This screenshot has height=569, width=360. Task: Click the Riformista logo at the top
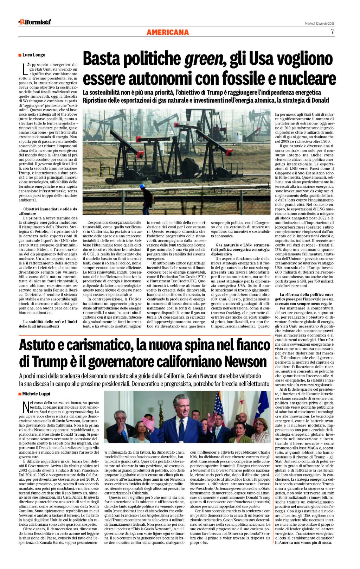[x=35, y=22]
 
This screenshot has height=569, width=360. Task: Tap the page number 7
[x=332, y=32]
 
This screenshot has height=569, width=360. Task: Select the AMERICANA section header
[x=168, y=32]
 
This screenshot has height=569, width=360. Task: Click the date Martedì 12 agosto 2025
[x=320, y=23]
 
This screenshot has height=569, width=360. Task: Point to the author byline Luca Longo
[x=34, y=55]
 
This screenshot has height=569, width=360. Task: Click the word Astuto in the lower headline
[x=38, y=345]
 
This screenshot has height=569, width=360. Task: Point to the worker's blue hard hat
[x=142, y=186]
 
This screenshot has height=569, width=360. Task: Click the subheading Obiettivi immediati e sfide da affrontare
[x=48, y=211]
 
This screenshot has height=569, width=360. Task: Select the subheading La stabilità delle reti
[x=48, y=324]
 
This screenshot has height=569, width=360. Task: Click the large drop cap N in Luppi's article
[x=25, y=407]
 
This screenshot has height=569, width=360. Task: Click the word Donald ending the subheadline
[x=319, y=100]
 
